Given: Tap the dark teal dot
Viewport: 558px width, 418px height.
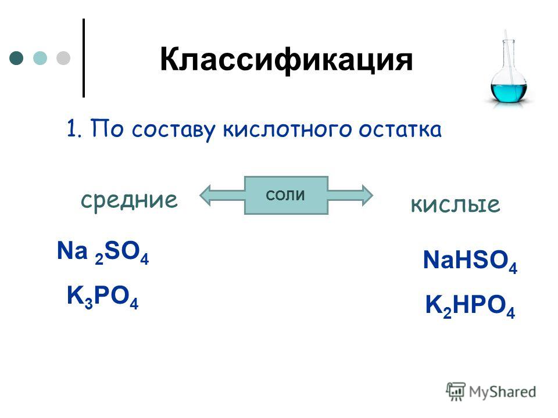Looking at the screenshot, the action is point(16,58).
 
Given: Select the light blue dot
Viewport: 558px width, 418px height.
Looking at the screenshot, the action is point(40,58).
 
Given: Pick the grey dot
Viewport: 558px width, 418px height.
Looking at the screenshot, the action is point(63,58).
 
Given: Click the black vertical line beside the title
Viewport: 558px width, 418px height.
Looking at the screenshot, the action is point(84,58).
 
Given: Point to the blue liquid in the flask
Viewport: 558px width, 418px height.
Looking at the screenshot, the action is point(509,92).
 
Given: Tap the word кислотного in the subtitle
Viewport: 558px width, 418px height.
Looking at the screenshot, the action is point(288,129).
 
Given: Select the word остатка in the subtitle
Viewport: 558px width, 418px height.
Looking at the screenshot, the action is point(400,129).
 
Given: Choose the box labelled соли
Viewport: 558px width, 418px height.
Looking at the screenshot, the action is point(286,195).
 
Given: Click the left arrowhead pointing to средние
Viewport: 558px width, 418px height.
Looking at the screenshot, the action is point(206,195).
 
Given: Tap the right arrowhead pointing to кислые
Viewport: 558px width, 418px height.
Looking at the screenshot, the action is point(367,195).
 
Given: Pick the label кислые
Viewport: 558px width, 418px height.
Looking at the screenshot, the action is point(455,205).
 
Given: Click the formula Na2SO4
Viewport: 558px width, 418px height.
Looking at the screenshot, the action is point(103,253).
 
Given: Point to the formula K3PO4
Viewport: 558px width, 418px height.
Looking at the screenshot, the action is point(102,297).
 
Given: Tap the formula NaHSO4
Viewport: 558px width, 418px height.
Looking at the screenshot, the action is point(470,261).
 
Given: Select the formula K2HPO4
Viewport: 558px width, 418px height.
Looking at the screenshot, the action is point(470,306).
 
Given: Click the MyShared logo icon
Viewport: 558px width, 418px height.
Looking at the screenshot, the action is point(456,392).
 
